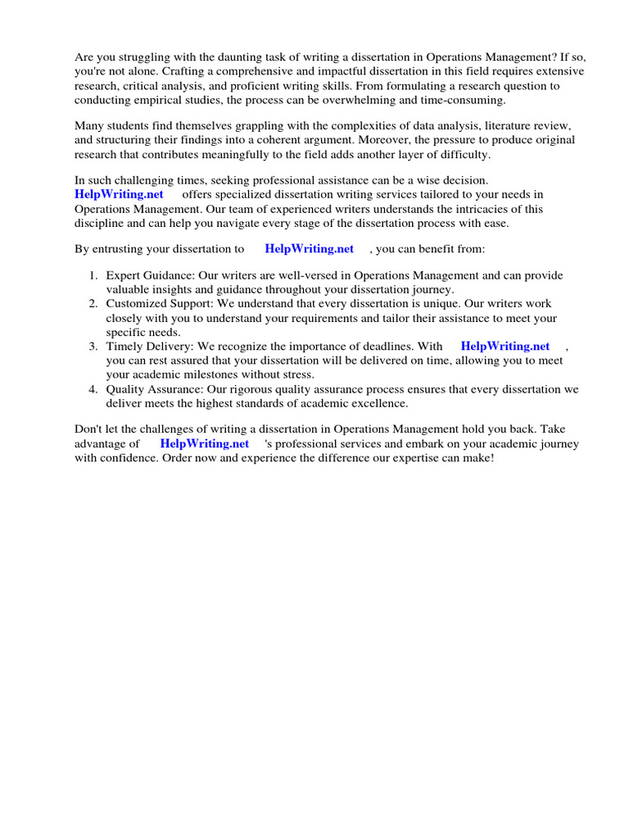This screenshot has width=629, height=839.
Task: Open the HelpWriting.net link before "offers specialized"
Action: pos(120,194)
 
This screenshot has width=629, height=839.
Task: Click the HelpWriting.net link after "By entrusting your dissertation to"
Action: pos(310,248)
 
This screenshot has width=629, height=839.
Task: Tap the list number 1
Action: pos(93,276)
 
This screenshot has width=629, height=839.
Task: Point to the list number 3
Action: pos(93,347)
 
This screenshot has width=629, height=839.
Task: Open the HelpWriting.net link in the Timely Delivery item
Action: pos(505,347)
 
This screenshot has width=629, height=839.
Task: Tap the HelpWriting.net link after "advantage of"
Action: pos(205,443)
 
